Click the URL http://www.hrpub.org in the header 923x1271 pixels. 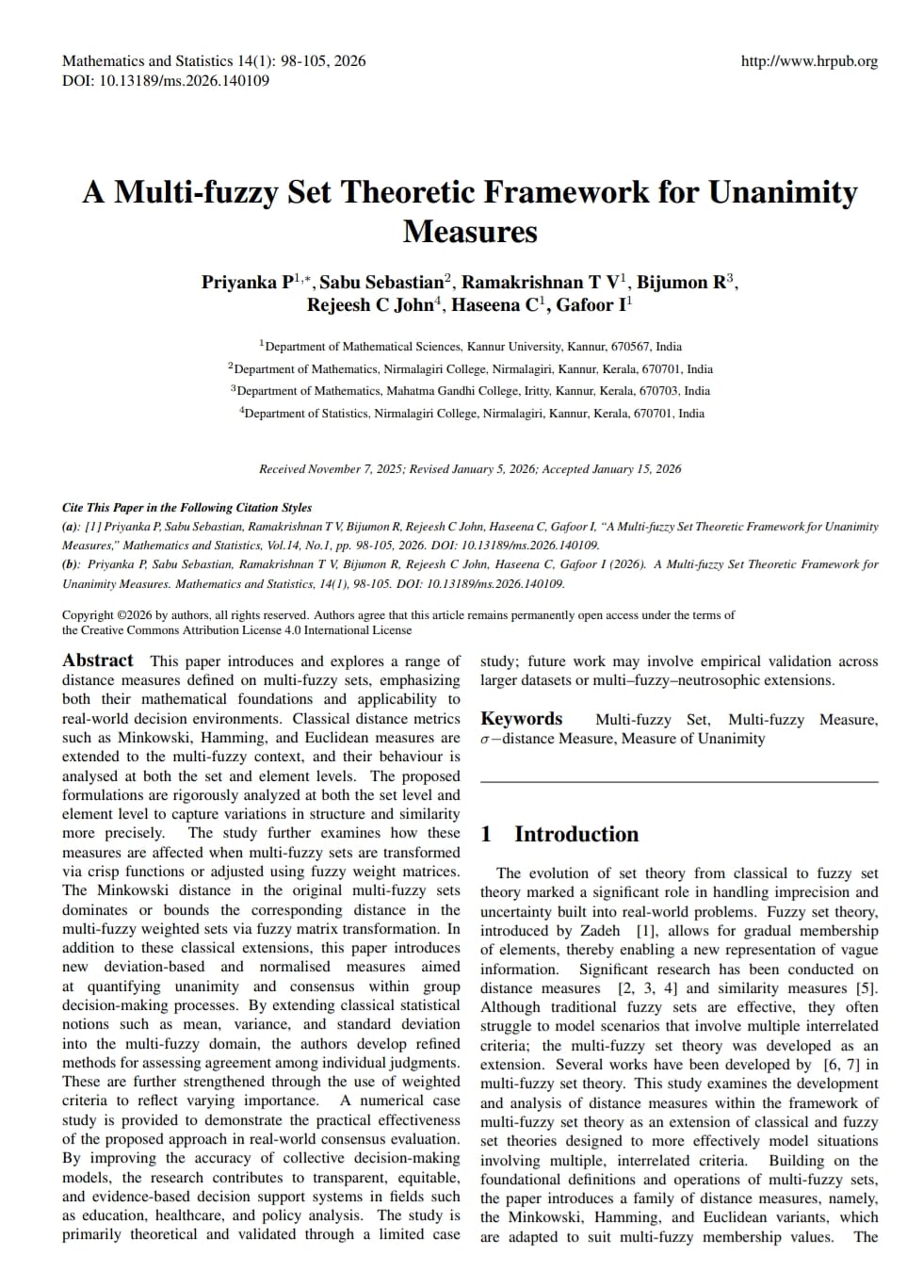pyautogui.click(x=809, y=61)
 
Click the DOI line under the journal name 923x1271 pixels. pyautogui.click(x=166, y=81)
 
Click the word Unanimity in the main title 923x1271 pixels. pyautogui.click(x=783, y=192)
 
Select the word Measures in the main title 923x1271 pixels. pyautogui.click(x=470, y=232)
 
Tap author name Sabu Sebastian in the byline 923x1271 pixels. pyautogui.click(x=381, y=283)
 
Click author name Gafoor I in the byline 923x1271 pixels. pyautogui.click(x=591, y=305)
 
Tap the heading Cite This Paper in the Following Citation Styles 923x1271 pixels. pyautogui.click(x=186, y=508)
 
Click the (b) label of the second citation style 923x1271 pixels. pyautogui.click(x=71, y=564)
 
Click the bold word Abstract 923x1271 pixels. pyautogui.click(x=98, y=660)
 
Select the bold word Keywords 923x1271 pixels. pyautogui.click(x=521, y=719)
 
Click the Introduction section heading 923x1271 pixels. pyautogui.click(x=575, y=834)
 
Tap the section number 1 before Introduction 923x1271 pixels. pyautogui.click(x=486, y=834)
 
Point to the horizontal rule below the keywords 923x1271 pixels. pyautogui.click(x=678, y=782)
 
